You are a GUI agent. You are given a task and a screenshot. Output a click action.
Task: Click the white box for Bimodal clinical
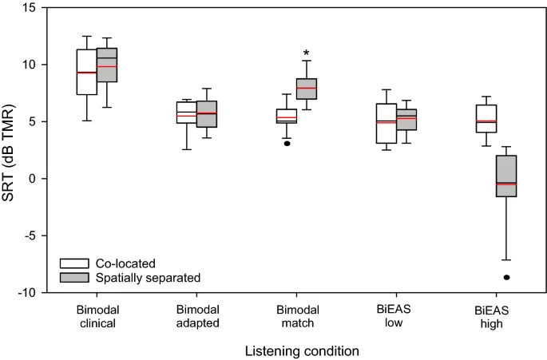(86, 72)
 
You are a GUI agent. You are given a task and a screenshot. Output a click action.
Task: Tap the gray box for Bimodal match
(307, 89)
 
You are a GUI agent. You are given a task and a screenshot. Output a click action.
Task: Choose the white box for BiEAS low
(386, 124)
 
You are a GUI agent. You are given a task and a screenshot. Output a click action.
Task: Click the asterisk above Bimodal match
(306, 53)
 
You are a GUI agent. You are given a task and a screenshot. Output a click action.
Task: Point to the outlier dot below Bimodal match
(286, 144)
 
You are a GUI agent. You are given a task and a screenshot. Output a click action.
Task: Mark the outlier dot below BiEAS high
(506, 277)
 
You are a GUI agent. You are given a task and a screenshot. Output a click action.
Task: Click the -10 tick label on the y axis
(30, 293)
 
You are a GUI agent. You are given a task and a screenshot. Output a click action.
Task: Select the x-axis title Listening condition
(295, 350)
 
